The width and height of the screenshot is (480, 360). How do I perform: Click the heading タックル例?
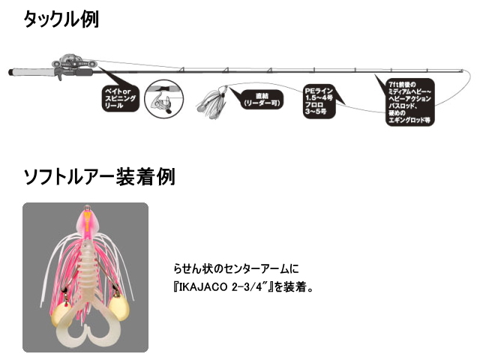(61, 19)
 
